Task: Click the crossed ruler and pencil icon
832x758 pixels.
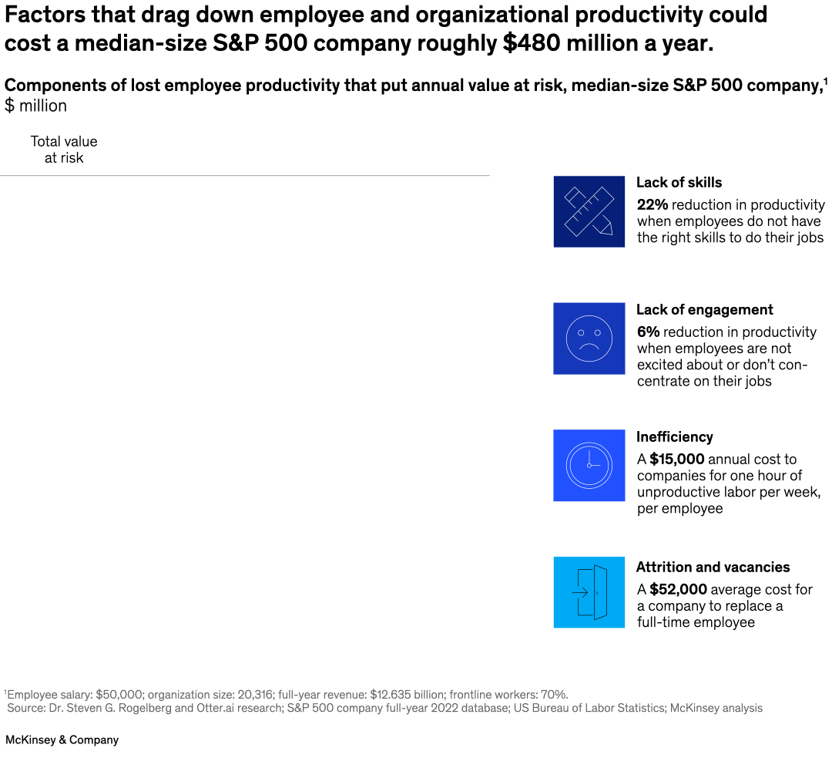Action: pos(589,211)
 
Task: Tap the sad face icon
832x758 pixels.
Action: pos(589,339)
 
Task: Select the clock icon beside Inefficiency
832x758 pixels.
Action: pos(589,465)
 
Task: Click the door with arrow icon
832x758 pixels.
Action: pos(589,592)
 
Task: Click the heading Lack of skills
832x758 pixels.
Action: pos(679,183)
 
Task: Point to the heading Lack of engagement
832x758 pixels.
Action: pos(704,310)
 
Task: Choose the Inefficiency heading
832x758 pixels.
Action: pos(674,436)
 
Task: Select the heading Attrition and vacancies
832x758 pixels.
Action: pos(713,567)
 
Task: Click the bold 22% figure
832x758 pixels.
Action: pos(652,205)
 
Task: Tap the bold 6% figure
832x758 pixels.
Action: pos(648,332)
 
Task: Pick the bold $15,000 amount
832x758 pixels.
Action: pos(676,460)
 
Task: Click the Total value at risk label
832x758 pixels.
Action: pos(64,150)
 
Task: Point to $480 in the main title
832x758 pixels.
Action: pos(531,43)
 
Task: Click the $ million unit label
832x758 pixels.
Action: pos(35,106)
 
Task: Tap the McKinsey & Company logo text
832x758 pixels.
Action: pos(62,739)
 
